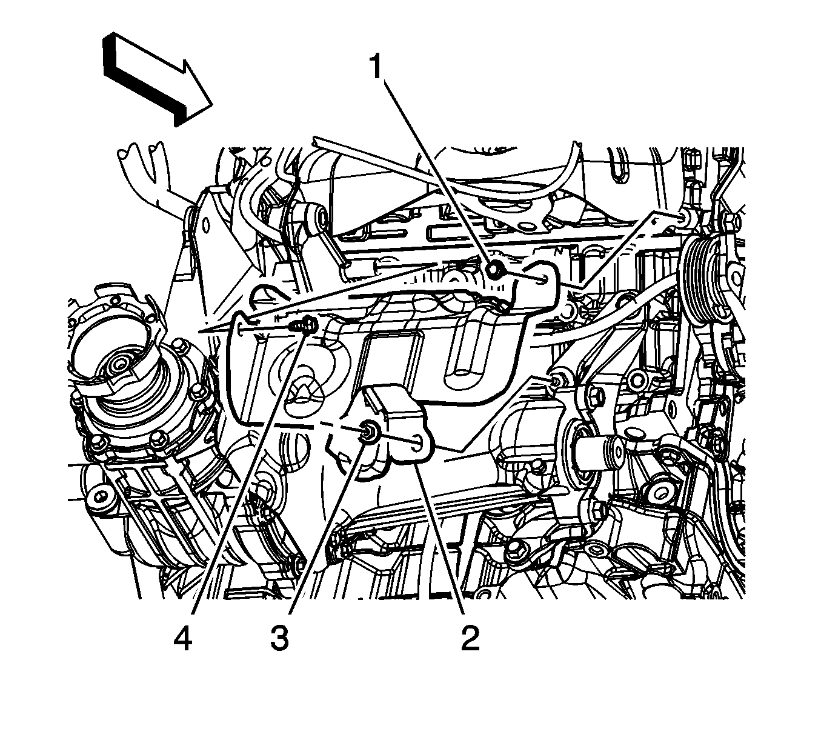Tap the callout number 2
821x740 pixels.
coord(470,639)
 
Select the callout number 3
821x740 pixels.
coord(279,639)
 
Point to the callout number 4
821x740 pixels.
coord(182,639)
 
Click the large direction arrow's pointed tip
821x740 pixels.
coord(213,105)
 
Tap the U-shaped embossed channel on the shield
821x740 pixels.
coord(466,352)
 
